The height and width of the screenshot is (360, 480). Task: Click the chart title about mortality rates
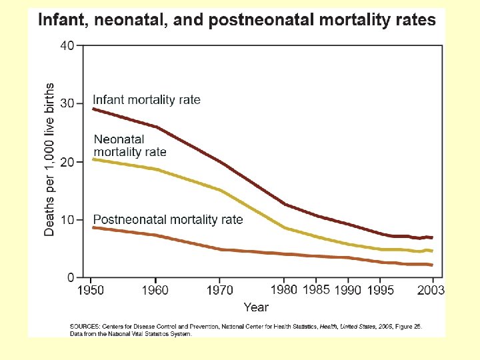237,20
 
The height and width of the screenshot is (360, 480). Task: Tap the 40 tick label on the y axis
67,46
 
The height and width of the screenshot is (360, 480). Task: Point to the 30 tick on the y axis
67,104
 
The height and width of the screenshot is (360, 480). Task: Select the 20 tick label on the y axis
67,162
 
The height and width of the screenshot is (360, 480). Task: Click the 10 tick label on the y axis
67,220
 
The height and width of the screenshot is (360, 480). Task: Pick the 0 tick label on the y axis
71,277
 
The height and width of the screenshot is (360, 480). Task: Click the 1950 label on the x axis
91,290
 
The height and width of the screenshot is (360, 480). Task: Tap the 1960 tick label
155,290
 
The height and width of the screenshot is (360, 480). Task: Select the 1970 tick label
220,290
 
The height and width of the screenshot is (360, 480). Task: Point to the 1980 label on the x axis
285,290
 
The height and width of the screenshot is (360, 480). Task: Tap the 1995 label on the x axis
382,290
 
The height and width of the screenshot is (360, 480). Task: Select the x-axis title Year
255,307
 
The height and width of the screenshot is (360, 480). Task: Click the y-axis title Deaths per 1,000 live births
50,159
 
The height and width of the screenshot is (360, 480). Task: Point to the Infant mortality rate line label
147,100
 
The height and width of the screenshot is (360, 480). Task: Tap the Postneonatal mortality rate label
168,219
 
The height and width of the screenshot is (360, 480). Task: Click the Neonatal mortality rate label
130,145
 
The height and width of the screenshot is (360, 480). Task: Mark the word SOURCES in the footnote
85,327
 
